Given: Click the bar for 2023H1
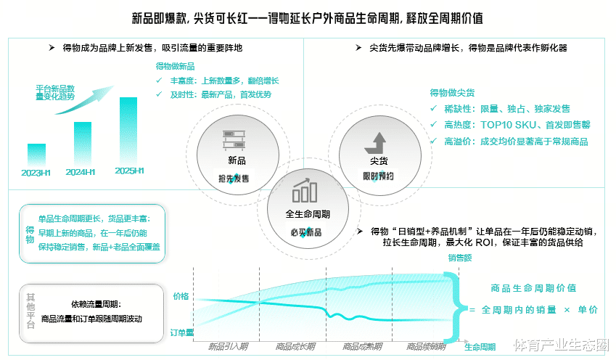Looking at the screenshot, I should [36, 154].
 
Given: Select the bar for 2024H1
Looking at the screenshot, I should [83, 143].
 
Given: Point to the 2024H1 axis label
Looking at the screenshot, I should [81, 172].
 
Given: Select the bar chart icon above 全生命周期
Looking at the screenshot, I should [304, 191].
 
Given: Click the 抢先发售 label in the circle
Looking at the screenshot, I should [234, 179].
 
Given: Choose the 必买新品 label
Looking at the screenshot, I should [304, 233].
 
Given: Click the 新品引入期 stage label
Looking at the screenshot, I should [227, 346].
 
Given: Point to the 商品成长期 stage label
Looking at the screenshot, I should [294, 346].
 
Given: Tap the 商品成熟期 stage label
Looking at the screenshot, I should [361, 346].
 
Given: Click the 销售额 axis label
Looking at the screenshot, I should [460, 258].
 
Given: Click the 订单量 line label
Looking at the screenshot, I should [181, 332].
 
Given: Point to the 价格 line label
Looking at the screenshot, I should [181, 296].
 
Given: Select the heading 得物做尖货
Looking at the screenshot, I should [452, 93].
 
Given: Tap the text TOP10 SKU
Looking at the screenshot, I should [506, 125].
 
